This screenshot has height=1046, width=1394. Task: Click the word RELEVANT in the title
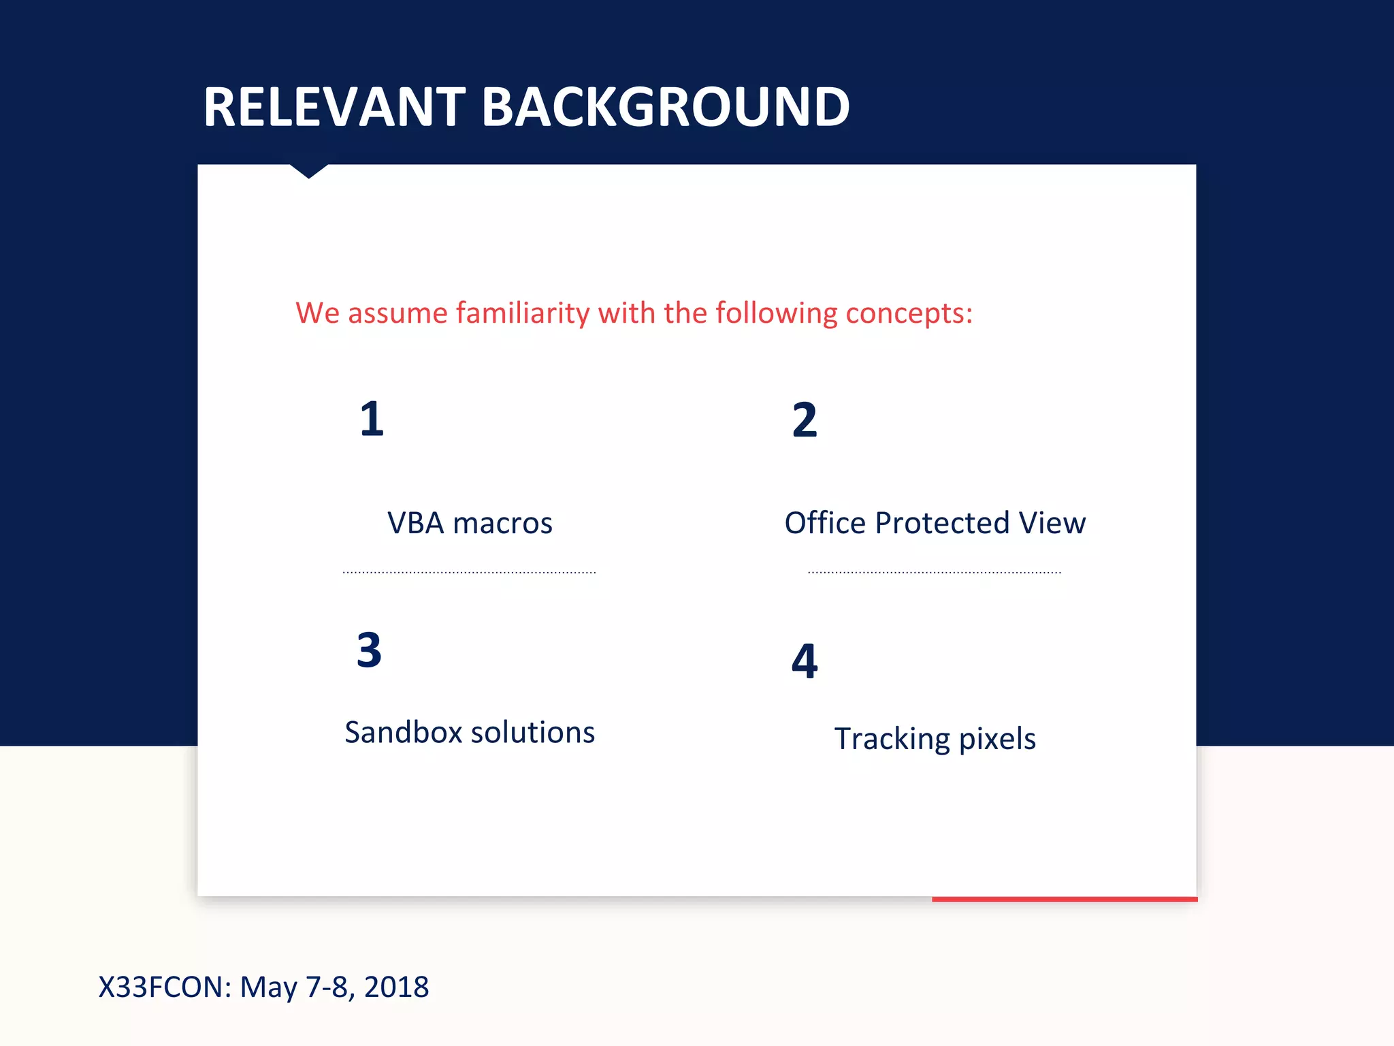[x=334, y=107]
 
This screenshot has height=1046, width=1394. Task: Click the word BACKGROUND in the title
[x=665, y=107]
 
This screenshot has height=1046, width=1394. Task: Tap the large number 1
[x=372, y=419]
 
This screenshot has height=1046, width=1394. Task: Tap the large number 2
[x=804, y=420]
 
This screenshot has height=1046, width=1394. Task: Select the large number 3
[x=369, y=650]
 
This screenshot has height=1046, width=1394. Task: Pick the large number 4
[x=804, y=661]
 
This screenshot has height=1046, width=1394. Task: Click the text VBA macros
[x=470, y=523]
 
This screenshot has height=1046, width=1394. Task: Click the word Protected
[x=941, y=523]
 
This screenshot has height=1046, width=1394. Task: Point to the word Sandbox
[x=404, y=733]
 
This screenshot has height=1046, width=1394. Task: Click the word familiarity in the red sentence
[x=522, y=313]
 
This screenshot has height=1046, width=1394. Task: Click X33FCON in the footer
[x=164, y=987]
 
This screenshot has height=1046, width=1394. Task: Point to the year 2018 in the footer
[x=396, y=987]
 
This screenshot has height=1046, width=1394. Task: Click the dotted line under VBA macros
[x=470, y=573]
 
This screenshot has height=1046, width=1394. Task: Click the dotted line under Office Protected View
[x=934, y=573]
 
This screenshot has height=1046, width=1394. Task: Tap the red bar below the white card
[x=1064, y=899]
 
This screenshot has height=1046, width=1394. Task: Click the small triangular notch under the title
[x=308, y=170]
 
